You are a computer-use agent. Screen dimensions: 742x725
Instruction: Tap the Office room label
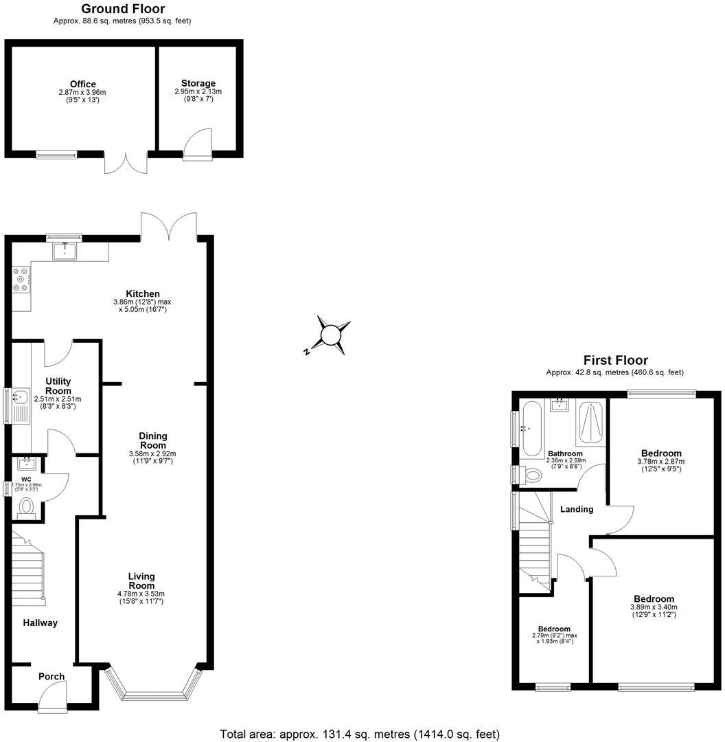[x=82, y=84]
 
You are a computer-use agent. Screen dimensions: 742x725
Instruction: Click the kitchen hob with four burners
[x=21, y=279]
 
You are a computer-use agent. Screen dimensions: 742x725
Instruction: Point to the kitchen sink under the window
[x=67, y=251]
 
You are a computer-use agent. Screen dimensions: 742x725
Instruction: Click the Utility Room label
[x=58, y=386]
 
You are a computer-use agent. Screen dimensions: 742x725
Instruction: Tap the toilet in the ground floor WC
[x=26, y=507]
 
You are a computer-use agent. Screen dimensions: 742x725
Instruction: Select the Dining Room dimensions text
[x=152, y=458]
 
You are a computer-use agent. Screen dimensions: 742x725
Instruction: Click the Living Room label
[x=141, y=581]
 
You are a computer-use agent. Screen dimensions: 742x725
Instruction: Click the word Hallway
[x=41, y=622]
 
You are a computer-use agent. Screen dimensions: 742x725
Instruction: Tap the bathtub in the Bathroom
[x=531, y=429]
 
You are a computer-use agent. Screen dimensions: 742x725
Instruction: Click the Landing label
[x=577, y=509]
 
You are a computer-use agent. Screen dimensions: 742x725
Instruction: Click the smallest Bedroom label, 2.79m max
[x=553, y=629]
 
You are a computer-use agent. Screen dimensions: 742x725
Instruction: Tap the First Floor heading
[x=615, y=360]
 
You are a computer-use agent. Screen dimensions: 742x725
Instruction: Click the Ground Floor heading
[x=123, y=9]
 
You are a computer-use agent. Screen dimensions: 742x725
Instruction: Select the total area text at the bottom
[x=360, y=734]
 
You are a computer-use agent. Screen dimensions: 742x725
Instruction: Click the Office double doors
[x=126, y=163]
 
